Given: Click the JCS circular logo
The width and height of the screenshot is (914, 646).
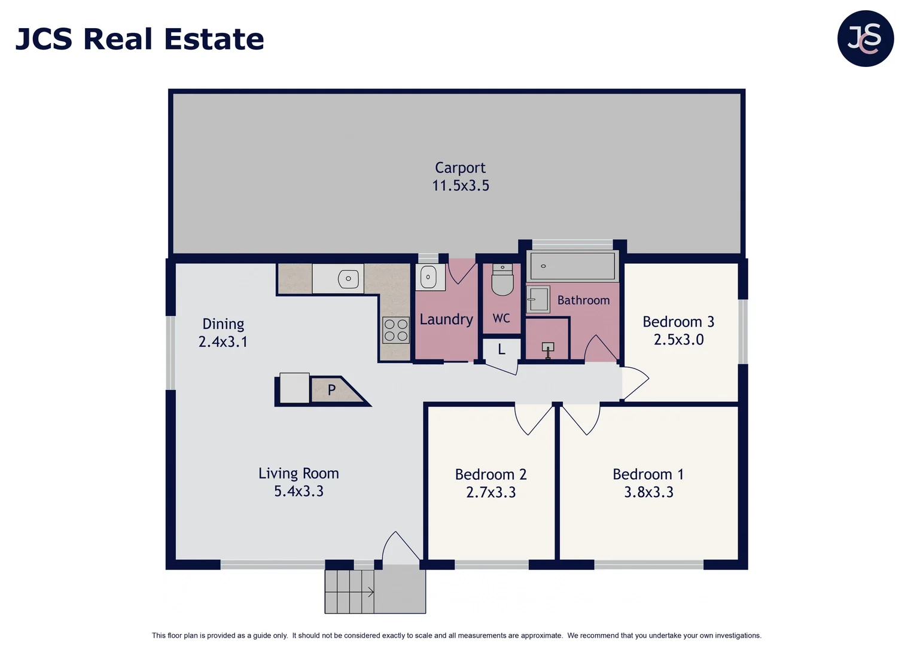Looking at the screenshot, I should coord(865,38).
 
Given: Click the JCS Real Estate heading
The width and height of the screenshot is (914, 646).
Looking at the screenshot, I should coord(140,39).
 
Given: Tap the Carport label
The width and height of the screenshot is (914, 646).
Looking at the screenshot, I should coord(460,168).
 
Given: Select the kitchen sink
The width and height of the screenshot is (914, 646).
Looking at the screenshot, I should coord(348,279).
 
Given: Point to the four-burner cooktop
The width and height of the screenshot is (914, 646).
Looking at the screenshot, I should coord(396,330).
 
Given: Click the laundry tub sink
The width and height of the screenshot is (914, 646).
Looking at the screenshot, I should coord(428,277).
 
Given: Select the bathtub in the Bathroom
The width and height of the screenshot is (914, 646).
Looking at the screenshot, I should coord(572,266).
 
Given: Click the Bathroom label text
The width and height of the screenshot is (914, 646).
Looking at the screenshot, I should coord(583,300).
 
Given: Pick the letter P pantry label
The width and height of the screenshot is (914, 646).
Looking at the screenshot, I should coord(331,390).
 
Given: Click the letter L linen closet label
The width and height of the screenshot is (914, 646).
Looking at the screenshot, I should coord(501,349).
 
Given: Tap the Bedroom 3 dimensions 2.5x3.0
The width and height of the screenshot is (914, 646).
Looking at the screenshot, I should coord(678,340).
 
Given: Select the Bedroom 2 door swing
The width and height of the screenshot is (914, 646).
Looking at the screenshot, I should coord(532,419).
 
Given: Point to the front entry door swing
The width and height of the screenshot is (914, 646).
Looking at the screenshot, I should coord(400,547).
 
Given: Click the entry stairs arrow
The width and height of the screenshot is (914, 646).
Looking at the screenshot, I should coord(370,592).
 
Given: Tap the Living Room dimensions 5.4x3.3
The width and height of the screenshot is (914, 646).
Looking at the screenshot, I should coord(298,491).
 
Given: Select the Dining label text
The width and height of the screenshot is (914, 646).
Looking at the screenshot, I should coord(223,324).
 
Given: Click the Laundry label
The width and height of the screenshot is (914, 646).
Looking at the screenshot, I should coord(446,319).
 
